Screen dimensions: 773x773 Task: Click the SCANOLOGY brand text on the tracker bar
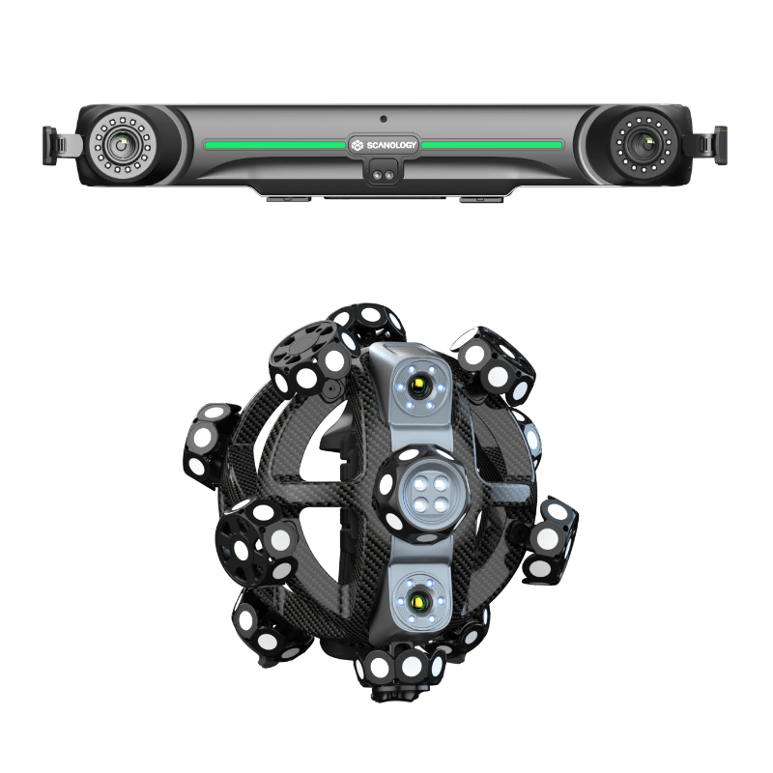391,146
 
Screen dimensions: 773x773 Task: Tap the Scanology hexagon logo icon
357,146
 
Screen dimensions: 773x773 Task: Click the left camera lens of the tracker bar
123,146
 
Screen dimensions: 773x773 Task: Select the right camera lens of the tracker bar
643,144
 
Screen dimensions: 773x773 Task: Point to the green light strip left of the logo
274,145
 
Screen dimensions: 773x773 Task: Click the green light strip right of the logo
492,145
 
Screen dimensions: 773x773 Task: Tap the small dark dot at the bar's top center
383,119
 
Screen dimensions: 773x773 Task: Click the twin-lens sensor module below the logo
383,174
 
